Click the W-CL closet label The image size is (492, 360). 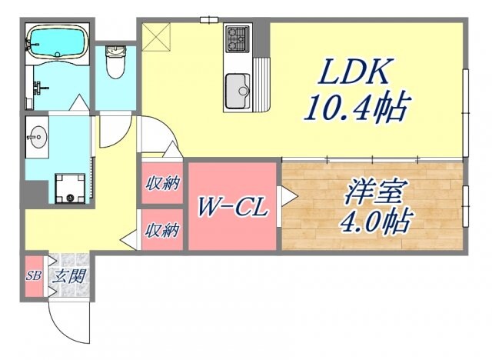click(231, 208)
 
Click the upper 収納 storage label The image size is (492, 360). click(163, 183)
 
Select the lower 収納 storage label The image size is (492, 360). click(163, 229)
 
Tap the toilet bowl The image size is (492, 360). click(117, 64)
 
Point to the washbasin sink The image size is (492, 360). click(37, 138)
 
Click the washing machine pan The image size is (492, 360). click(71, 187)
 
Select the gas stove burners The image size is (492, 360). click(238, 36)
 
